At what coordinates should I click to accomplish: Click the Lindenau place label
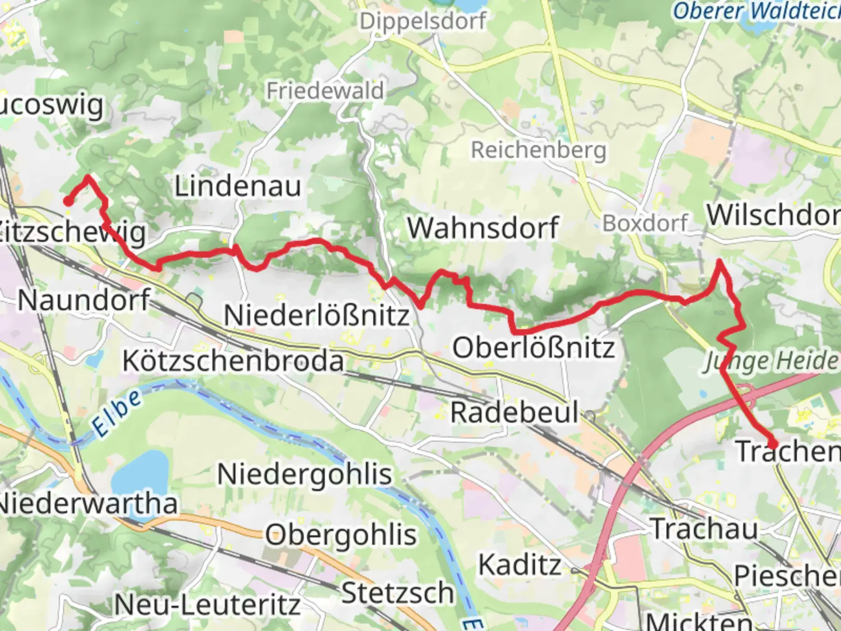pyautogui.click(x=238, y=187)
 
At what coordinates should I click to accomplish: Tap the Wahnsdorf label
pyautogui.click(x=483, y=228)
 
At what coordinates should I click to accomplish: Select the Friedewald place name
pyautogui.click(x=325, y=91)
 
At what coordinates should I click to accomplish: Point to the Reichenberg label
pyautogui.click(x=538, y=150)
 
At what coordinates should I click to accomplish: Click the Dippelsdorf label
pyautogui.click(x=423, y=22)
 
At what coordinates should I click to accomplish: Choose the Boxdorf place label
pyautogui.click(x=645, y=223)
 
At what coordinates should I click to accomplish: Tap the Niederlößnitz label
pyautogui.click(x=317, y=316)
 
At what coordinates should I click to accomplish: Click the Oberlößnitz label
pyautogui.click(x=534, y=348)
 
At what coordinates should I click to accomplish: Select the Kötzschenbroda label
pyautogui.click(x=233, y=361)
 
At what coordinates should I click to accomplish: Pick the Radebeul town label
pyautogui.click(x=514, y=413)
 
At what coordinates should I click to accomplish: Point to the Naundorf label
pyautogui.click(x=84, y=300)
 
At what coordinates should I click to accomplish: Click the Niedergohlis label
pyautogui.click(x=304, y=474)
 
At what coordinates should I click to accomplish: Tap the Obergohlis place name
pyautogui.click(x=341, y=535)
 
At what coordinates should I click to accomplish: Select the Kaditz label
pyautogui.click(x=520, y=565)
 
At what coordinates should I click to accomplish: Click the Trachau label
pyautogui.click(x=704, y=529)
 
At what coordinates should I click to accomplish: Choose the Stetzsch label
pyautogui.click(x=398, y=594)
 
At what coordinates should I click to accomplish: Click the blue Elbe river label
pyautogui.click(x=117, y=413)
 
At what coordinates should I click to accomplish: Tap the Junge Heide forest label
pyautogui.click(x=771, y=362)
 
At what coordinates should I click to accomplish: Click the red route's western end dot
pyautogui.click(x=68, y=202)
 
